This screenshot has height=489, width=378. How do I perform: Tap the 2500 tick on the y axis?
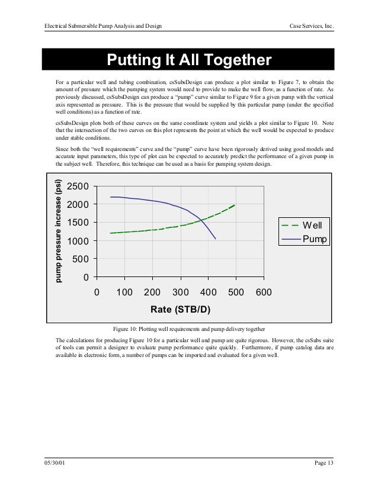(x=78, y=186)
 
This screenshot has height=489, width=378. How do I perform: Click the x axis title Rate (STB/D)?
(x=181, y=310)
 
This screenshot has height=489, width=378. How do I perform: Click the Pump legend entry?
(x=314, y=239)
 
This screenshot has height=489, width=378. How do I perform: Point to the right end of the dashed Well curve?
(x=235, y=205)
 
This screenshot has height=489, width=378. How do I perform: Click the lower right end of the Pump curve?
(x=215, y=239)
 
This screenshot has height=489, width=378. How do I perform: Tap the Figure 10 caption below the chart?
(x=188, y=327)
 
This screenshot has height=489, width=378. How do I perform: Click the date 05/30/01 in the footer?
(x=55, y=462)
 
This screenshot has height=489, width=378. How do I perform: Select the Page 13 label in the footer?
(x=323, y=462)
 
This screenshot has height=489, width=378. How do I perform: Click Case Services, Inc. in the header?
(x=311, y=26)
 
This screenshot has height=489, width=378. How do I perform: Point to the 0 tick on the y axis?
(x=86, y=277)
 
